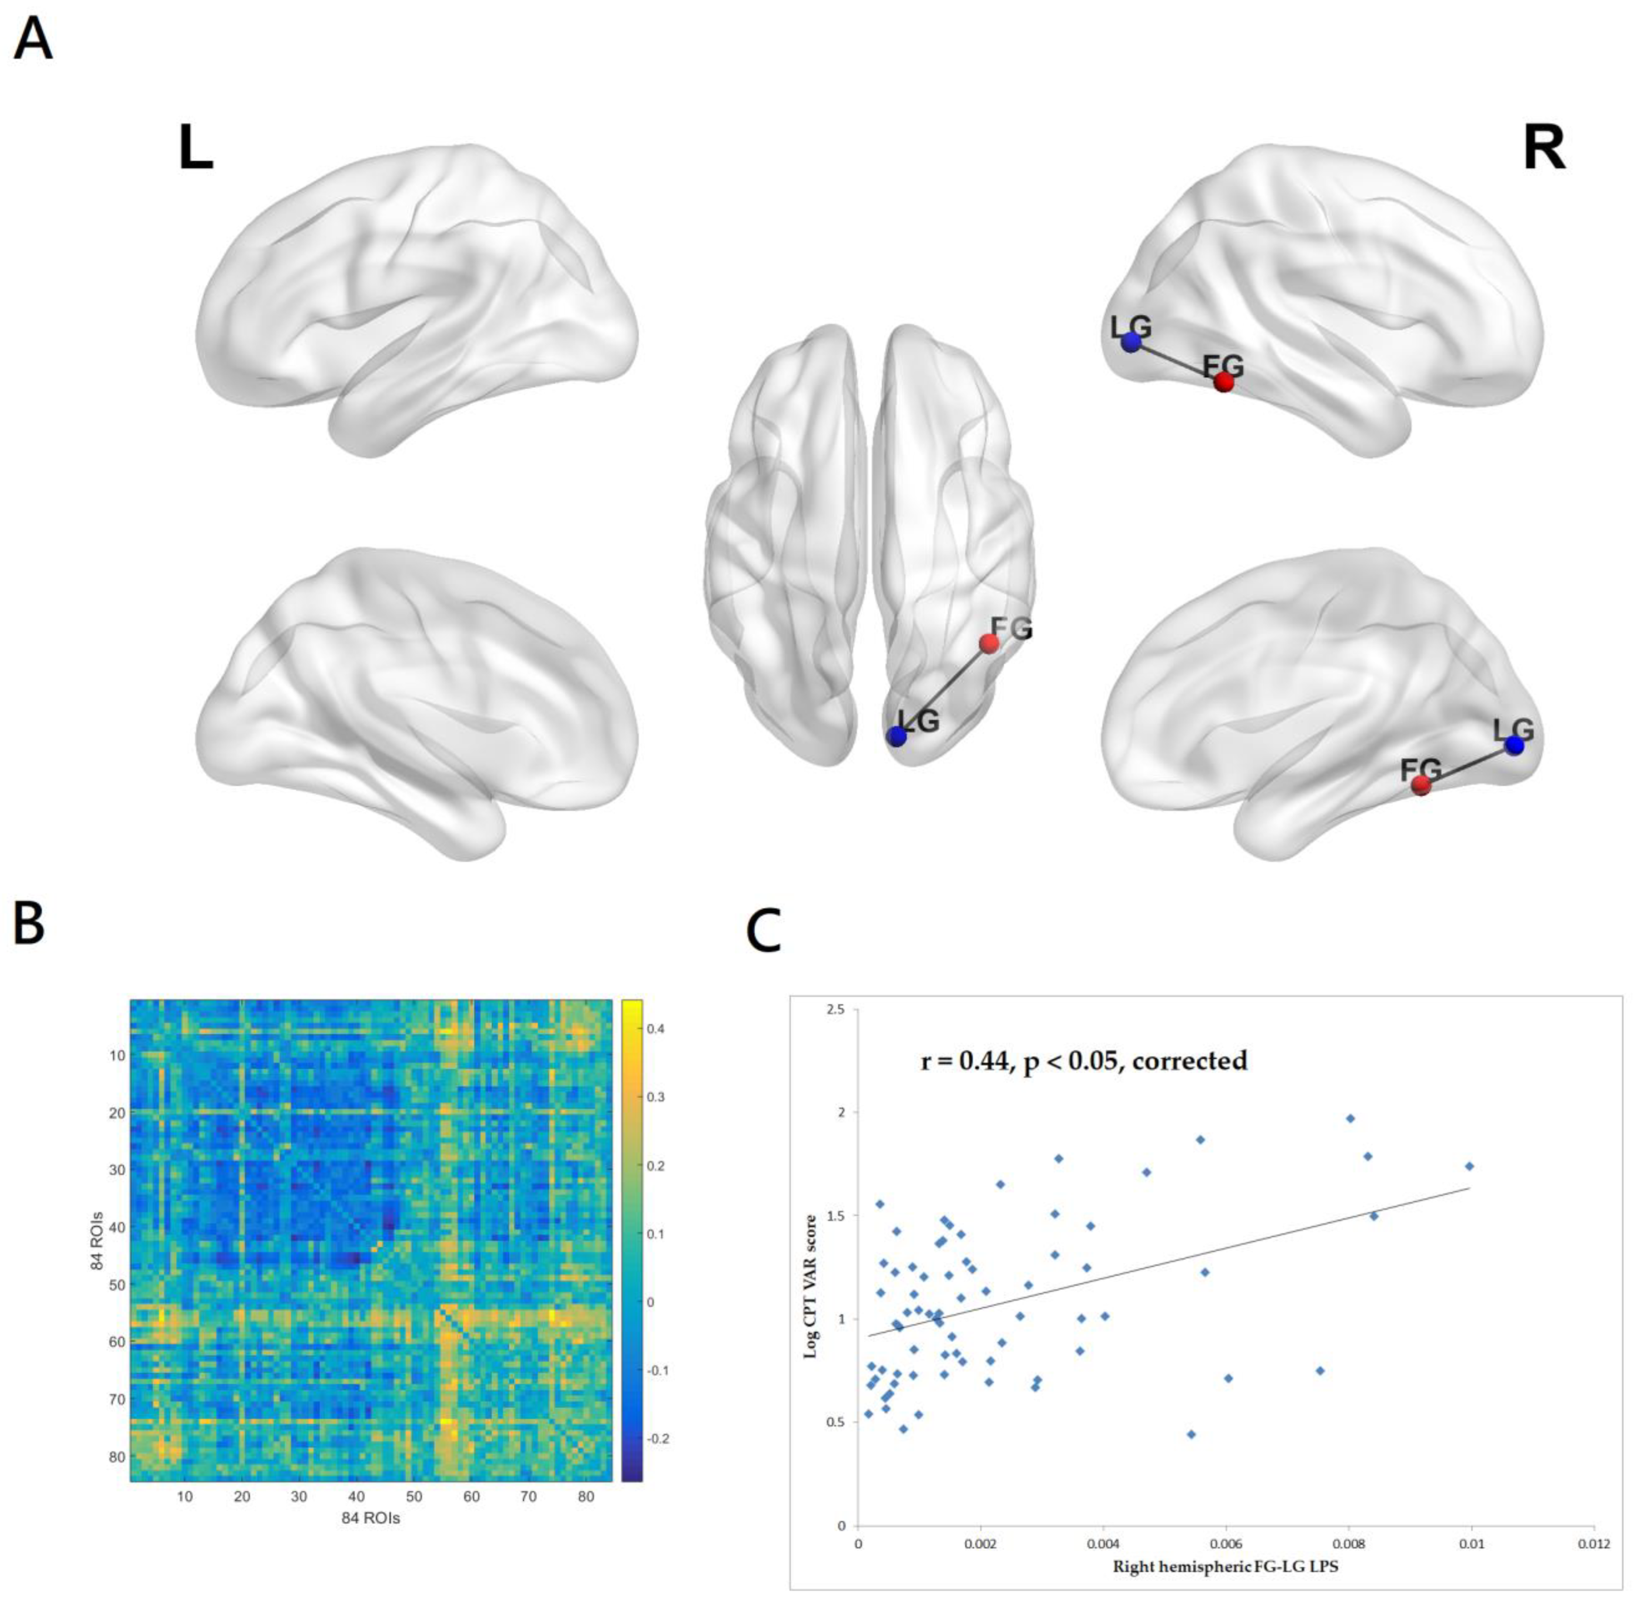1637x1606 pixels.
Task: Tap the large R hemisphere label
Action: click(x=1544, y=149)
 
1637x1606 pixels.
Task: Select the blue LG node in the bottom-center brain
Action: click(x=897, y=736)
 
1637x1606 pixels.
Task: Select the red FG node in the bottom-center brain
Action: click(x=989, y=644)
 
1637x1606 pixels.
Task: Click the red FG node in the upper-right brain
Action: click(x=1223, y=382)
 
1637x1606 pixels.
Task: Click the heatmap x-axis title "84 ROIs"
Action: click(x=370, y=1518)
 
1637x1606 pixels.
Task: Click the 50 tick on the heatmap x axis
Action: click(x=414, y=1497)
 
